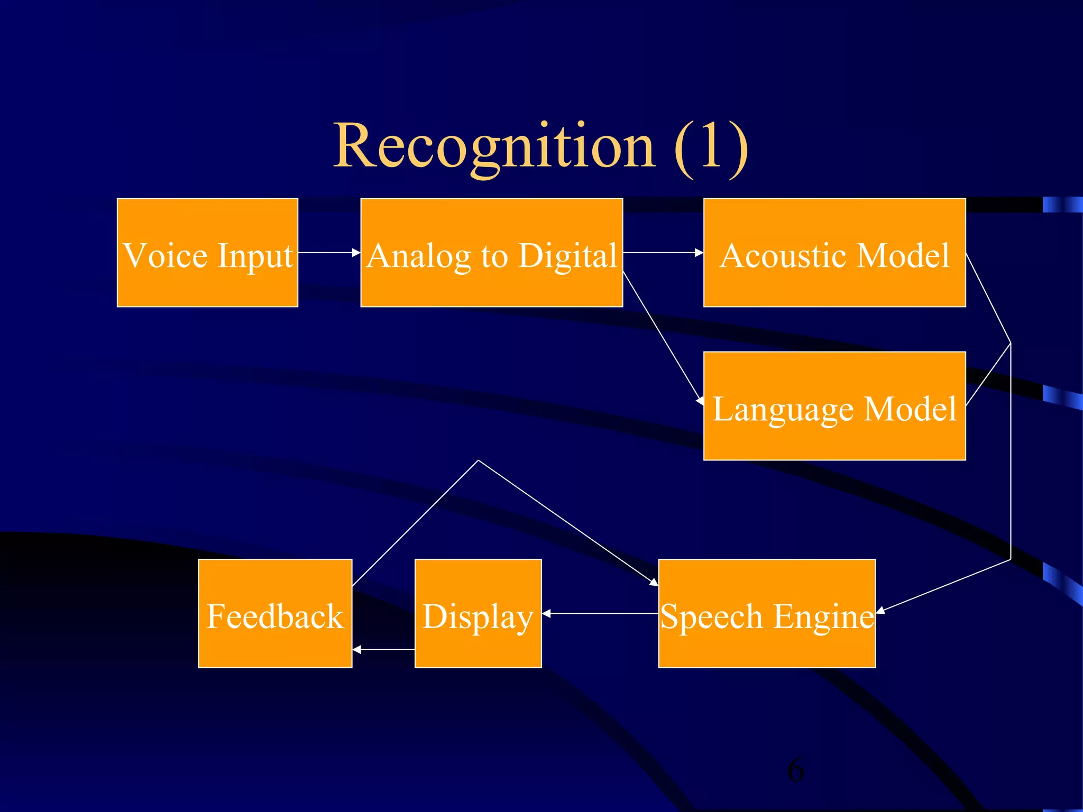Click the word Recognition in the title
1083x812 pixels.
[x=494, y=146]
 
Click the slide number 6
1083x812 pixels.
[x=795, y=770]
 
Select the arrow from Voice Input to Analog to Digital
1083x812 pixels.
[x=329, y=253]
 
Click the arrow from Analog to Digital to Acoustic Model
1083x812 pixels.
[x=663, y=253]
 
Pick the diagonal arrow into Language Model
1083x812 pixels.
[x=664, y=338]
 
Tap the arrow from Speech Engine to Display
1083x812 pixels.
[x=600, y=613]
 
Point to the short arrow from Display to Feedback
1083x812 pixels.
[x=383, y=649]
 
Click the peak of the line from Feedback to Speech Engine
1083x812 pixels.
[x=479, y=461]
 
